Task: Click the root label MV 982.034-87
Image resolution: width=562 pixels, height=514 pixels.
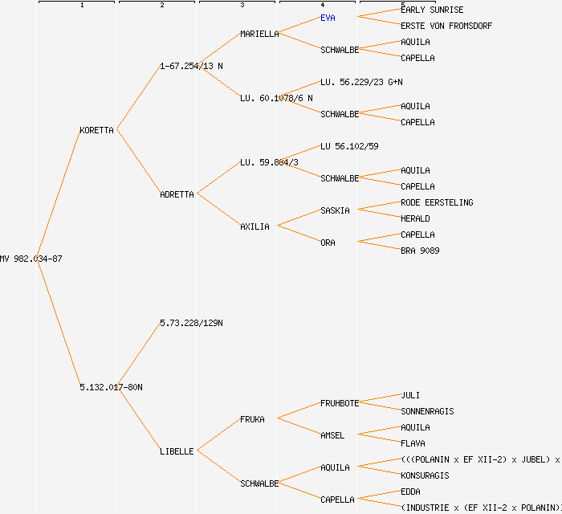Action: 31,259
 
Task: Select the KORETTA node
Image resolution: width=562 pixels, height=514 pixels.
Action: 96,130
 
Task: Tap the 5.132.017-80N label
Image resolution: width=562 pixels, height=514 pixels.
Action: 111,387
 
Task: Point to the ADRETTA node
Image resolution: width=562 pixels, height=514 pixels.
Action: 177,194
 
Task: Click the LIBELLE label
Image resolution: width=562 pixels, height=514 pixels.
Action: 177,451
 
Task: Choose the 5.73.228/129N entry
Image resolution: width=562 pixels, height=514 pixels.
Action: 191,323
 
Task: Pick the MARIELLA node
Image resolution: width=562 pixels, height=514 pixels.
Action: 259,34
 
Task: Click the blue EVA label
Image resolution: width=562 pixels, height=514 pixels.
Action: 328,18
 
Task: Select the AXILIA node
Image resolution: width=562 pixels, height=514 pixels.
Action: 255,226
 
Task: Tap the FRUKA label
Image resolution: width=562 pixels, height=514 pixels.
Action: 252,419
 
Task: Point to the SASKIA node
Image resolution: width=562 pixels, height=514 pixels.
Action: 335,210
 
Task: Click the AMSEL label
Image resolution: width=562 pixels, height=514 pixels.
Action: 332,435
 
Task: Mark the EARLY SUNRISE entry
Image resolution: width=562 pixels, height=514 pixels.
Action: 432,10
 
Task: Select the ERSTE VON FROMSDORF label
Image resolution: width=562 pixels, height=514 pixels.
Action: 446,26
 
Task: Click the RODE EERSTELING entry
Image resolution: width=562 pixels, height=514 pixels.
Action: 437,202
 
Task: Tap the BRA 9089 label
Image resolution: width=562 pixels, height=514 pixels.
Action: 420,251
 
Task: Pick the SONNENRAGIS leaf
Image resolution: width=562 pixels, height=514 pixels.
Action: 427,411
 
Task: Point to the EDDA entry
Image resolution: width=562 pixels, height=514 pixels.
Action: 410,492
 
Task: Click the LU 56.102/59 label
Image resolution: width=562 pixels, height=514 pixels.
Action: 349,146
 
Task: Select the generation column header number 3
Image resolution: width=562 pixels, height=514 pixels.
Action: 242,6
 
